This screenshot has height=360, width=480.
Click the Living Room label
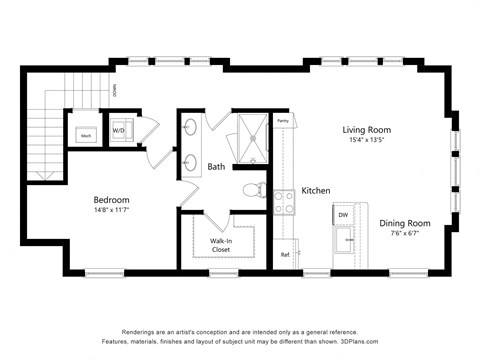pos(366,130)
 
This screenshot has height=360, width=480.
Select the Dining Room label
pos(404,223)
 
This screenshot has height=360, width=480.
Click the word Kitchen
pos(316,191)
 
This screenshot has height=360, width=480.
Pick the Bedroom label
pos(111,199)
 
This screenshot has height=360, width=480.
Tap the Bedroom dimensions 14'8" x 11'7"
pos(111,211)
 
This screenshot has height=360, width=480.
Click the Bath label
pos(216,166)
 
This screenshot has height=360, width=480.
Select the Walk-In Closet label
pos(222,245)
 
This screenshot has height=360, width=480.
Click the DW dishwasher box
pos(343,215)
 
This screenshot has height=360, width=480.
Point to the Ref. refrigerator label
pos(285,255)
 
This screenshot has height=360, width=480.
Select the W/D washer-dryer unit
pos(118,131)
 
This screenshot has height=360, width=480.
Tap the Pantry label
pos(283,121)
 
